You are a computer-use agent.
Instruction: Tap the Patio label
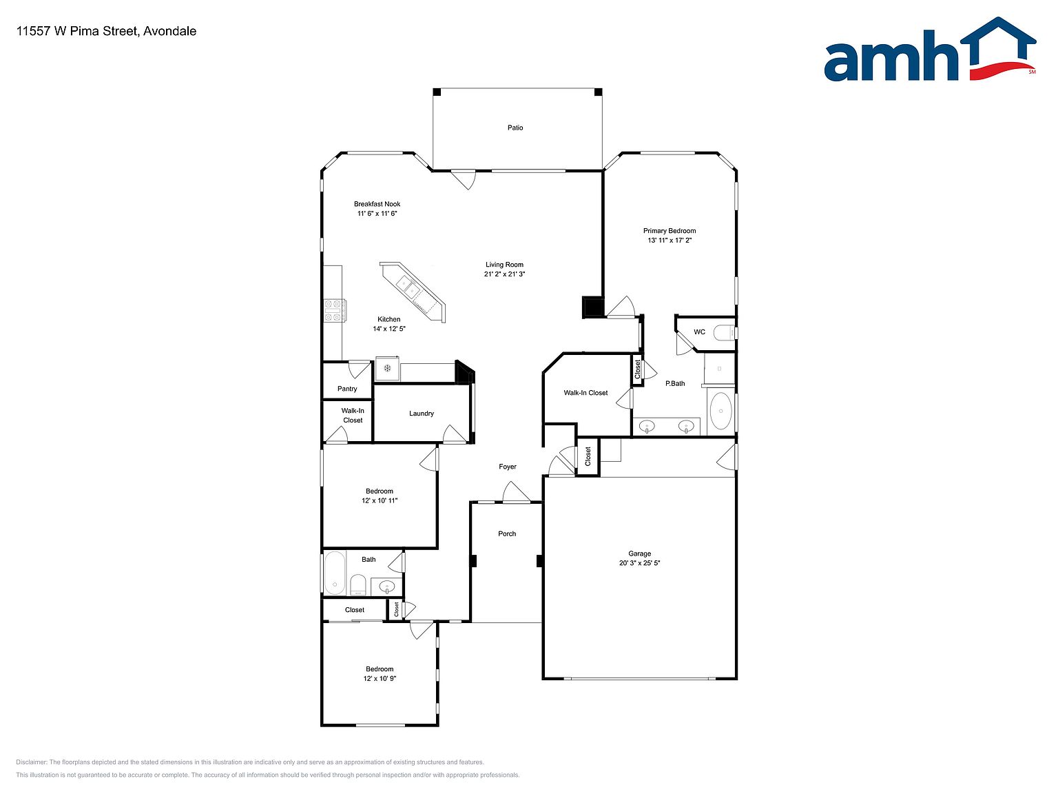point(515,128)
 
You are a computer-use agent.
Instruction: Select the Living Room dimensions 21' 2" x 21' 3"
point(504,274)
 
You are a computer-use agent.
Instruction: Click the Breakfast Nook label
point(377,204)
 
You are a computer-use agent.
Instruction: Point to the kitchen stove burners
point(334,310)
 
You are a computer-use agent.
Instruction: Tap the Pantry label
point(347,389)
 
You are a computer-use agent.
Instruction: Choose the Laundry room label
point(422,413)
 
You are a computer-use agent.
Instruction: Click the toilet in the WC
point(723,332)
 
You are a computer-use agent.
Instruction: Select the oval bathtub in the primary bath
point(721,411)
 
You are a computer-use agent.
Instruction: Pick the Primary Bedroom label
point(669,231)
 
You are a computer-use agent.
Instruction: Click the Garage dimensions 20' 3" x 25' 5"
point(639,562)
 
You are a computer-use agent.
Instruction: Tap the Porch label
point(506,533)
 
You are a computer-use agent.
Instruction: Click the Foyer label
point(507,467)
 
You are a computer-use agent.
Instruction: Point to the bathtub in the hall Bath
point(335,573)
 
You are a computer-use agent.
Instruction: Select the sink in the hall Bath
point(386,587)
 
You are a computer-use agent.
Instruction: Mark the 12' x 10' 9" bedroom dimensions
point(380,678)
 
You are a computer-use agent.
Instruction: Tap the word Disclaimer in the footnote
point(31,762)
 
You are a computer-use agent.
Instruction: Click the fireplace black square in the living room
point(593,307)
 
